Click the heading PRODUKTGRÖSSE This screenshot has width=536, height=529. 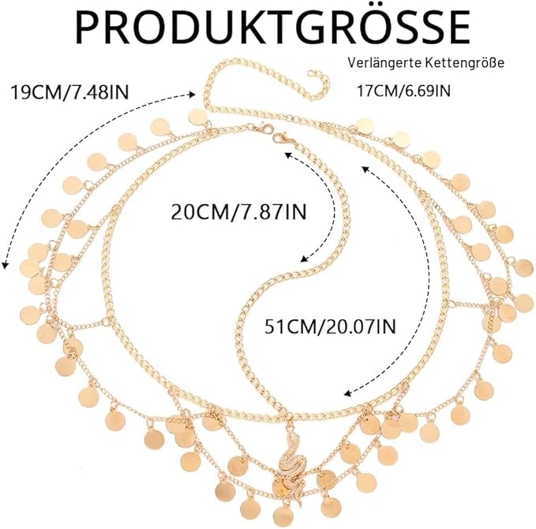(272, 28)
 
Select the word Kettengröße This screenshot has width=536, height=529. (464, 64)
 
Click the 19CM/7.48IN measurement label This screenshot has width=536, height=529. (70, 92)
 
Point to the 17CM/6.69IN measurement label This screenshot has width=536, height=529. (403, 91)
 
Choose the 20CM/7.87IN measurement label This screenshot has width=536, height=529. (238, 212)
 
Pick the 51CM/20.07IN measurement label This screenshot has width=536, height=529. (330, 326)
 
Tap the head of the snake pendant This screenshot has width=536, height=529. (294, 438)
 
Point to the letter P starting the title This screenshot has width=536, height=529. (89, 28)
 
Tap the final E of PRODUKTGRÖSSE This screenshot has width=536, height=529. (458, 28)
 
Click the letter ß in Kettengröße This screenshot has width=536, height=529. (493, 63)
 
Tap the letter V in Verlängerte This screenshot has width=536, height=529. (352, 63)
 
